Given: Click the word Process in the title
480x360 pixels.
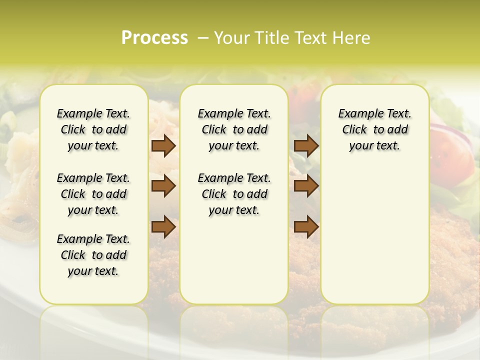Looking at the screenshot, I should [154, 38].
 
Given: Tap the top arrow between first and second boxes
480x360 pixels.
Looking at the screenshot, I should [163, 145].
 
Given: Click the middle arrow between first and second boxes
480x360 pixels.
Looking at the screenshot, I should [163, 186].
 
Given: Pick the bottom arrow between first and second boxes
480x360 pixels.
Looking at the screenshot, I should [163, 226].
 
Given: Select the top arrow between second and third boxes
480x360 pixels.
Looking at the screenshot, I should [306, 145].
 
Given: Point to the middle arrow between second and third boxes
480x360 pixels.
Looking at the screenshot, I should [306, 186].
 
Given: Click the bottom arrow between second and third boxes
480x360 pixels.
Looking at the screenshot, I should [306, 226].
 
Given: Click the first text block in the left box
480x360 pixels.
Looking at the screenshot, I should [93, 129].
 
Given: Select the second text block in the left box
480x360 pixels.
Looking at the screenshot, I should [93, 194].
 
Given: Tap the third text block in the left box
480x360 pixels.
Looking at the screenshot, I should [93, 255].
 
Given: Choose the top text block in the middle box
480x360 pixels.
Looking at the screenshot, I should [234, 129].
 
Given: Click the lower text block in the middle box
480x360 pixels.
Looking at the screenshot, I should [234, 194].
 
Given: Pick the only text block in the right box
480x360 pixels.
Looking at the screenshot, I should [374, 129].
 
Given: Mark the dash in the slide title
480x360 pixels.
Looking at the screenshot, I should [203, 38].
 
